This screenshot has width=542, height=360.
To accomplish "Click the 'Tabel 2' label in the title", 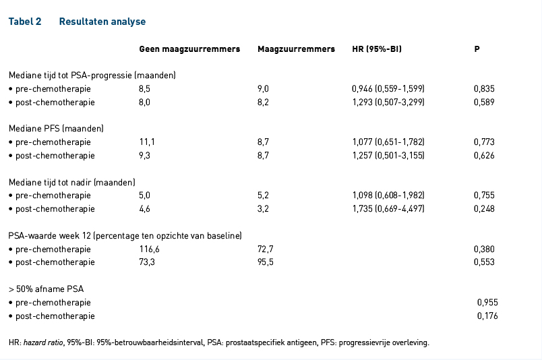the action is click(x=25, y=22).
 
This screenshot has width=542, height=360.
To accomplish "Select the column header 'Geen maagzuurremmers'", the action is click(x=189, y=49).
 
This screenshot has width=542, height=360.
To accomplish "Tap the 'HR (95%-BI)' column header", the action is click(x=377, y=49).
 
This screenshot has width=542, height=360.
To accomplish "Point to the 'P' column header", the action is click(x=477, y=49).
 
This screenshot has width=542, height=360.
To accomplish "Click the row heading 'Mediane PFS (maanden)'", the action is click(x=56, y=129).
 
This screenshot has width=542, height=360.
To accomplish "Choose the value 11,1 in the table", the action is click(x=147, y=142).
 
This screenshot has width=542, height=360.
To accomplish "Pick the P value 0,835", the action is click(x=484, y=89).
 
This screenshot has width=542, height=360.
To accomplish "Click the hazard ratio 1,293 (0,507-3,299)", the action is click(x=388, y=102).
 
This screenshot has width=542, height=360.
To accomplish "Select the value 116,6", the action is click(x=150, y=249).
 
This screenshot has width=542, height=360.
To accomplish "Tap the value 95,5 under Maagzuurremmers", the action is click(x=265, y=262).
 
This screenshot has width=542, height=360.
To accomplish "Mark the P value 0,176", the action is click(x=487, y=316).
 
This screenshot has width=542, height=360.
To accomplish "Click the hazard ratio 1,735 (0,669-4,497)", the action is click(x=388, y=209).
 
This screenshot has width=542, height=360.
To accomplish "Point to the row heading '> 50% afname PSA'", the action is click(x=47, y=289).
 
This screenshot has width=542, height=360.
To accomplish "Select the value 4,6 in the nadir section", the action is click(x=144, y=209).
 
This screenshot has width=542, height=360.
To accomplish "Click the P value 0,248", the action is click(x=484, y=209).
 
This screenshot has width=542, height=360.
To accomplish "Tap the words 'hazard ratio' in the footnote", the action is click(x=43, y=342).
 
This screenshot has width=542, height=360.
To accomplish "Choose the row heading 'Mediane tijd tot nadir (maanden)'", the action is click(x=72, y=182).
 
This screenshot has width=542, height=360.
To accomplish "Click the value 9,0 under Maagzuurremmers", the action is click(x=263, y=89).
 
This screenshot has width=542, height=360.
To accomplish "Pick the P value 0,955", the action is click(x=487, y=303).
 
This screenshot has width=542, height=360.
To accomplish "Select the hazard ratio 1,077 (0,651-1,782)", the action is click(x=388, y=142).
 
